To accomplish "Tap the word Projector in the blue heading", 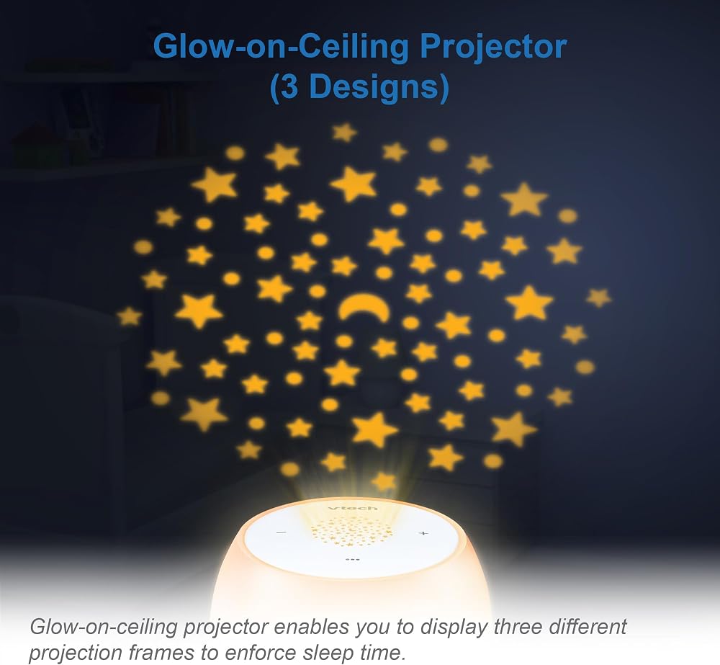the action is pyautogui.click(x=494, y=46).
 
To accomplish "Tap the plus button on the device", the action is pyautogui.click(x=423, y=533).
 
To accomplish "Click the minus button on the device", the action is pyautogui.click(x=282, y=533).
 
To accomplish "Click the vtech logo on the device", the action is pyautogui.click(x=353, y=508).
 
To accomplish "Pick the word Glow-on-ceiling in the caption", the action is pyautogui.click(x=103, y=628).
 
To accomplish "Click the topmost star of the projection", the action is pyautogui.click(x=344, y=133).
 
